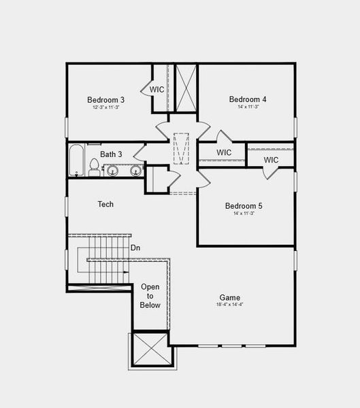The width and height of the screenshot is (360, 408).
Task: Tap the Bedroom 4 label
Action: click(248, 99)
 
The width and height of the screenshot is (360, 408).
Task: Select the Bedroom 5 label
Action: click(244, 205)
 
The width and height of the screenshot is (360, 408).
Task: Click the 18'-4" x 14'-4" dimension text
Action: click(229, 305)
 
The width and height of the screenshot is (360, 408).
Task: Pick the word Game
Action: click(229, 297)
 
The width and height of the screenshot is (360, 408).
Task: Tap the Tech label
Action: click(105, 204)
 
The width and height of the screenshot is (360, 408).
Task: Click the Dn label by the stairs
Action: click(135, 248)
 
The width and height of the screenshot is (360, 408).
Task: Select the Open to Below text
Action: click(150, 296)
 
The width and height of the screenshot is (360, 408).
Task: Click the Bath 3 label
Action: click(111, 154)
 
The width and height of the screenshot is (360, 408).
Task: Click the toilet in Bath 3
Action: click(94, 167)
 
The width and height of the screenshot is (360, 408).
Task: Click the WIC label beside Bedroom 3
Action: click(157, 89)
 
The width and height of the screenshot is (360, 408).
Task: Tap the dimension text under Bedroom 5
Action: click(244, 214)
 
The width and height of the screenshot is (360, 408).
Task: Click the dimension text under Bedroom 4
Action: click(248, 107)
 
